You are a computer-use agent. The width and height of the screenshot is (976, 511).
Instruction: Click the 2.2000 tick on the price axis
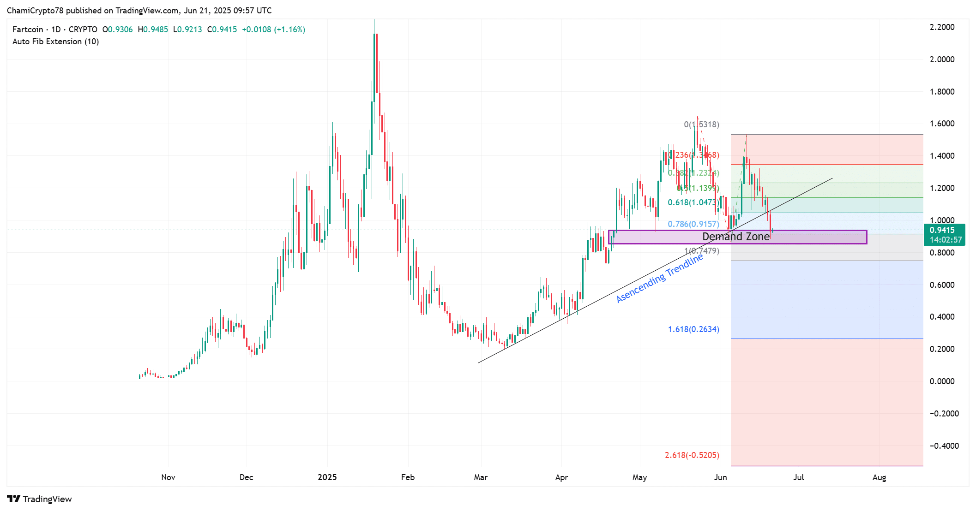(x=942, y=27)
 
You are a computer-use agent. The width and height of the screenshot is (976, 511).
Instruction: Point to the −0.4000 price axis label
(x=944, y=446)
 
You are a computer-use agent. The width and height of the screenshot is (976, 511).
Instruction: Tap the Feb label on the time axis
(x=408, y=477)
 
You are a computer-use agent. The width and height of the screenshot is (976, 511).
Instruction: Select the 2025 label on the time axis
(x=327, y=477)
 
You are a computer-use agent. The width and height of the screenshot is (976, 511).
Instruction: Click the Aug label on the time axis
(x=879, y=477)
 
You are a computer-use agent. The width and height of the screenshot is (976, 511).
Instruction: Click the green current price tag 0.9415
(x=944, y=235)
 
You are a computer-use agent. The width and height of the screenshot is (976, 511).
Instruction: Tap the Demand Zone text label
(x=735, y=237)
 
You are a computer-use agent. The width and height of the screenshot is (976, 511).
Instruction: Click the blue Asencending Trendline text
(x=660, y=279)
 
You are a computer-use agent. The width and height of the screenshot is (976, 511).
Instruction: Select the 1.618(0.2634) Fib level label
(x=693, y=329)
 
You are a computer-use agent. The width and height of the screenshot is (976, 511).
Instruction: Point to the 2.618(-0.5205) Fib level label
(x=692, y=455)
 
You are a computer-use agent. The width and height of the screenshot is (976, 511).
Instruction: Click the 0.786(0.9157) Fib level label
(x=693, y=224)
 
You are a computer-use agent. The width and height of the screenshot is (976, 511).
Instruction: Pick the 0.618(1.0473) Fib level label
(x=693, y=202)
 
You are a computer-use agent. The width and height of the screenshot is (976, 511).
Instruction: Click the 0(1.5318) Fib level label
(x=701, y=125)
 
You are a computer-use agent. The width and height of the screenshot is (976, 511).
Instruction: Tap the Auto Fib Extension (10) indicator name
(x=55, y=42)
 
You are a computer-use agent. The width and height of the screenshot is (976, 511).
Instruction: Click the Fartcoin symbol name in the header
(x=28, y=30)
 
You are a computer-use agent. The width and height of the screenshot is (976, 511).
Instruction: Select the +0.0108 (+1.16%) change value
(x=273, y=30)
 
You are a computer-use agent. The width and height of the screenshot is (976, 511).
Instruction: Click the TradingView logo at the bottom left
(x=40, y=499)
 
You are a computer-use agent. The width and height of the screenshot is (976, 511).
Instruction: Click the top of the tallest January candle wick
(x=376, y=19)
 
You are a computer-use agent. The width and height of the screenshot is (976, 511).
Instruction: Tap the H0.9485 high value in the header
(x=153, y=30)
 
